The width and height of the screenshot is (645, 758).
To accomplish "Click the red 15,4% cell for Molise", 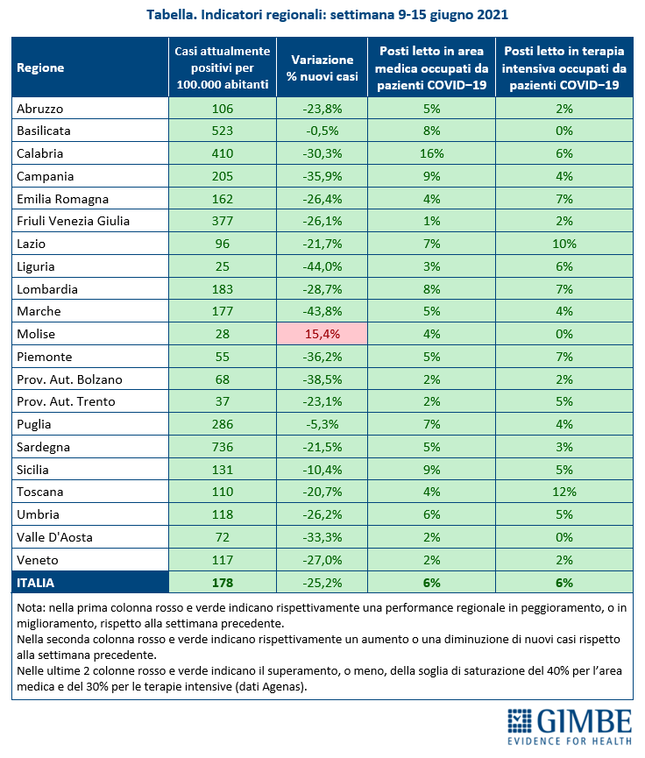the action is tap(322, 334).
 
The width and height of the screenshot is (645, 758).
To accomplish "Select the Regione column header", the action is tap(40, 67).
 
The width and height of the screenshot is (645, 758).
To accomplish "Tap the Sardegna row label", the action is tap(44, 447).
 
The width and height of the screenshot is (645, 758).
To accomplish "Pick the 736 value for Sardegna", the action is tap(223, 447).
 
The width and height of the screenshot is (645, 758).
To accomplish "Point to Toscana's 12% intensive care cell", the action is tap(564, 492).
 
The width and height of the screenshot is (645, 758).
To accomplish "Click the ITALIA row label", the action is tap(36, 583).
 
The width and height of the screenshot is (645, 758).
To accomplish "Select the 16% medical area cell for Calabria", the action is tap(431, 153).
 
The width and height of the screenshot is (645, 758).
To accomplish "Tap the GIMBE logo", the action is tap(570, 727).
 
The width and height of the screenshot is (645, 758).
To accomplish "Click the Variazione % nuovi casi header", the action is tap(322, 68).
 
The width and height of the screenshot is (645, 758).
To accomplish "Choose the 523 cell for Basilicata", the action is tap(223, 131).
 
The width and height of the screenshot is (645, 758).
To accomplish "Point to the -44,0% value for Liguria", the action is tap(322, 267).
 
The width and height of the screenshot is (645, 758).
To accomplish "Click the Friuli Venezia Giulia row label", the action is tap(73, 222).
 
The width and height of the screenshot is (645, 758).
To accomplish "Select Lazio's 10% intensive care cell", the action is tap(564, 244).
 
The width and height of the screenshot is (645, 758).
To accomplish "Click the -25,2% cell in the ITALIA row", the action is tap(322, 583).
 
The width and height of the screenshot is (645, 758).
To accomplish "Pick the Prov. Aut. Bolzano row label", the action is tap(69, 379).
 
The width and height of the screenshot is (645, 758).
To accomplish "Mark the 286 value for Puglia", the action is tap(223, 424).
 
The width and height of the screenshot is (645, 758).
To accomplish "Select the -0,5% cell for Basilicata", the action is tap(322, 131).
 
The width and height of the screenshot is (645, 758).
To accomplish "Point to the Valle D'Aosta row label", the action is tap(54, 537).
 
